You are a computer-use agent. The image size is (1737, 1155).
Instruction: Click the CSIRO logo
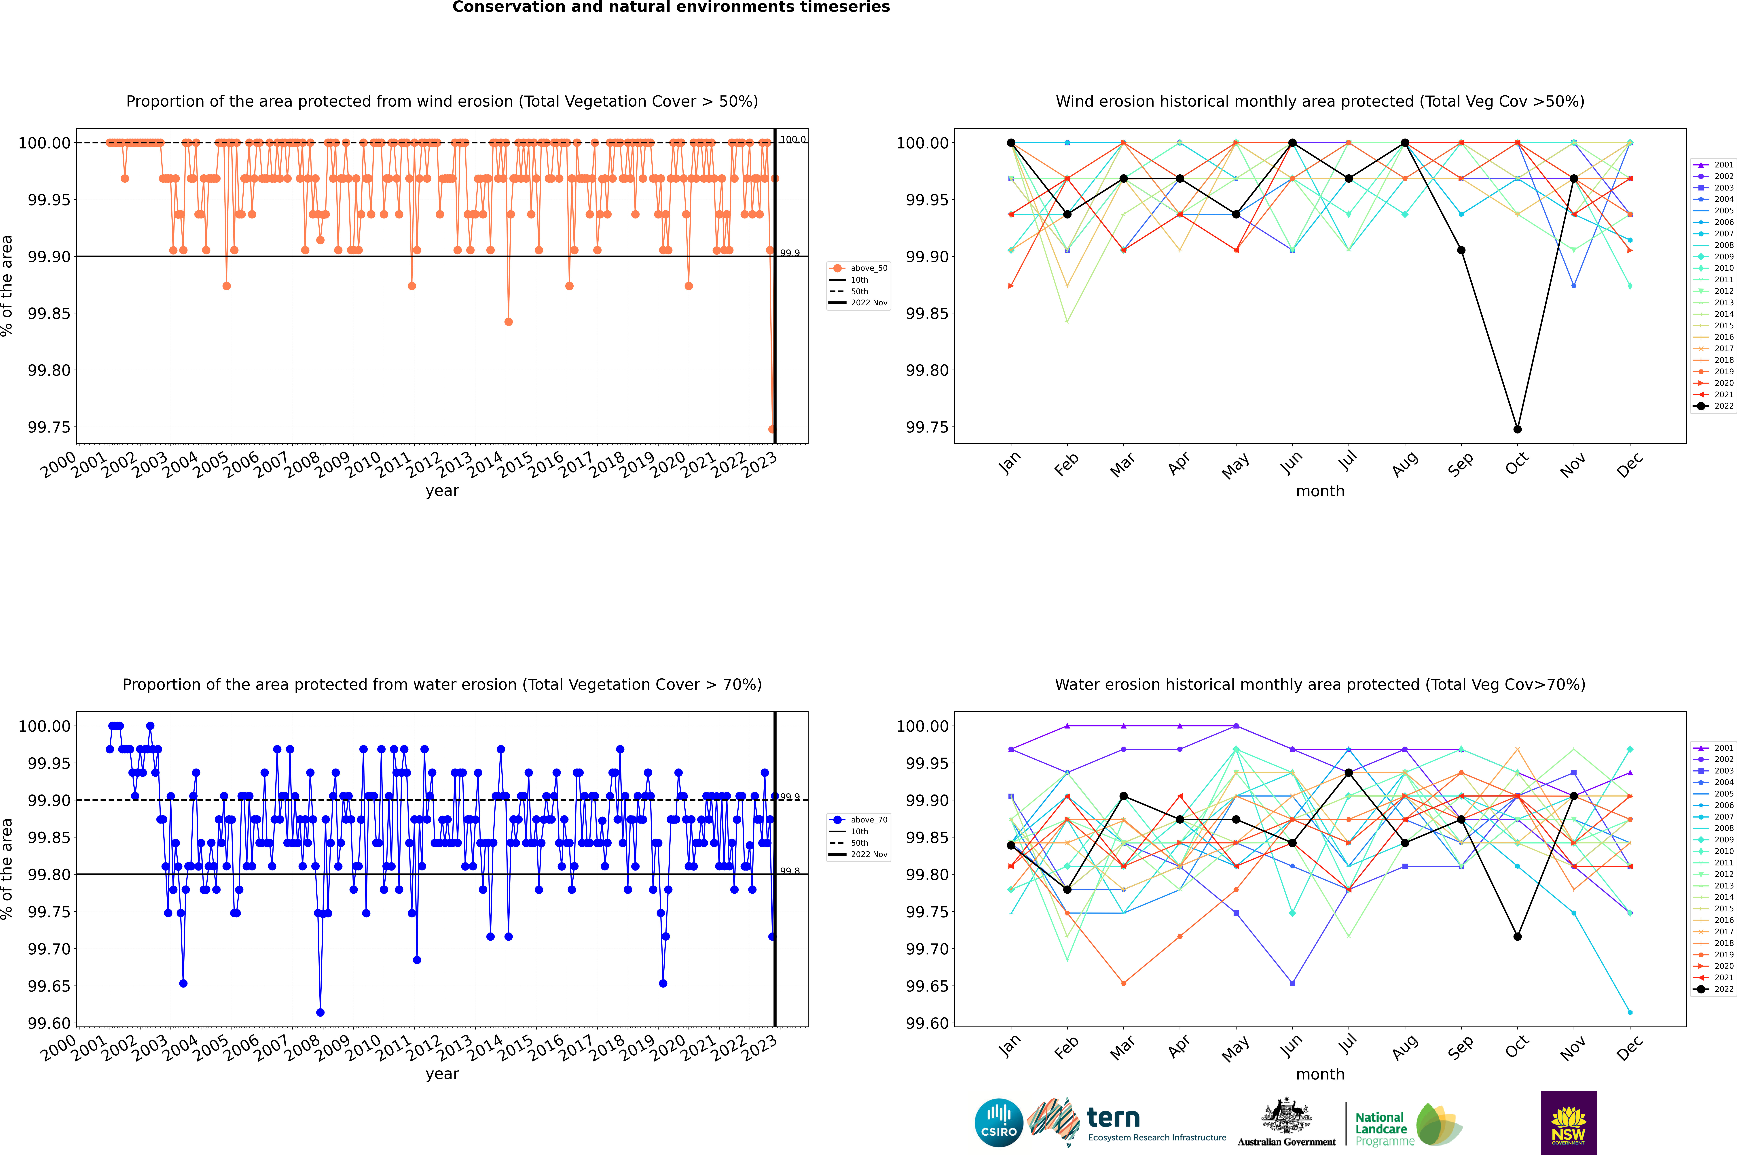(998, 1123)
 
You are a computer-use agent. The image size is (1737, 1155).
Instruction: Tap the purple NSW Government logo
(1568, 1123)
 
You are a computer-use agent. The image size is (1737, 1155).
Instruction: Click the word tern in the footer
(1113, 1118)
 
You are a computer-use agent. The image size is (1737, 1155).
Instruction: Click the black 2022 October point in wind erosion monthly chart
(1518, 429)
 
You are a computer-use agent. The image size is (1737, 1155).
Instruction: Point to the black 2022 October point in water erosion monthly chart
(1518, 936)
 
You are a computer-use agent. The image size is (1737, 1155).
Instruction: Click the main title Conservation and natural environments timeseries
(671, 7)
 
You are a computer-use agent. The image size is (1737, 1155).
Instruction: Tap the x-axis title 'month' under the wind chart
(1320, 491)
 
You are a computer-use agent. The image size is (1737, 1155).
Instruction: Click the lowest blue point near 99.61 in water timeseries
(320, 1012)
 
